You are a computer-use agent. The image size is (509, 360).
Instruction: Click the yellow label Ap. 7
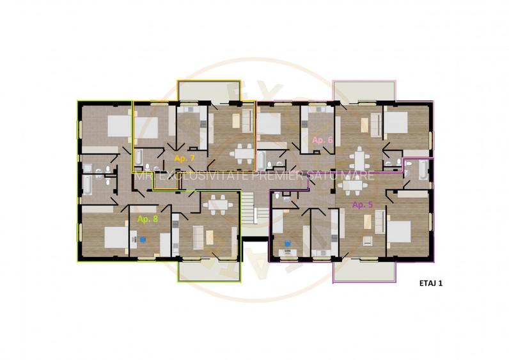[x=184, y=157]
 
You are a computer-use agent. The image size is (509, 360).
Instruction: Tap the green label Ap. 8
[x=148, y=218]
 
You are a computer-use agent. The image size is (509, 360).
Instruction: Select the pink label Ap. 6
[x=322, y=139]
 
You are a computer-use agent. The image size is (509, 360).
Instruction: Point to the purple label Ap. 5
[x=363, y=204]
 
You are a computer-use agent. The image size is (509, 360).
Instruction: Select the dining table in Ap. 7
[x=242, y=153]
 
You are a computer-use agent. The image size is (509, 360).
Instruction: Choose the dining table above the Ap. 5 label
[x=352, y=186]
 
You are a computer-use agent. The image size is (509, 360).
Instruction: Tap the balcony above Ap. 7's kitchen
[x=208, y=91]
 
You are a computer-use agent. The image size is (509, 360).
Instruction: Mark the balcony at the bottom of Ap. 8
[x=209, y=271]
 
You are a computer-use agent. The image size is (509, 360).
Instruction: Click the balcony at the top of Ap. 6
[x=364, y=91]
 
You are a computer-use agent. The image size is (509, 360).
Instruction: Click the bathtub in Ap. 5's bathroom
[x=423, y=169]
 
